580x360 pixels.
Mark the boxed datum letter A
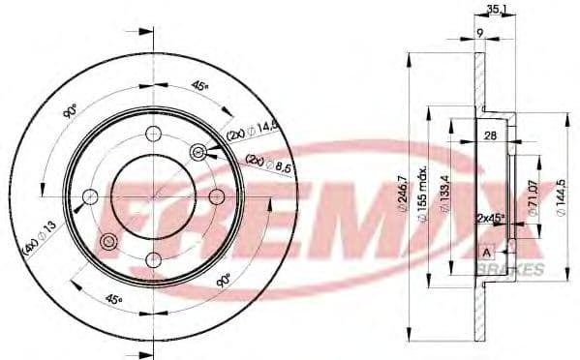(485, 253)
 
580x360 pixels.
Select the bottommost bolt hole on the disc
(153, 259)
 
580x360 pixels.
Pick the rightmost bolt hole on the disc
(215, 197)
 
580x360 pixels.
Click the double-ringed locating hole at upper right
(198, 152)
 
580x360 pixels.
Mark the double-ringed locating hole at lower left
(108, 242)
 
